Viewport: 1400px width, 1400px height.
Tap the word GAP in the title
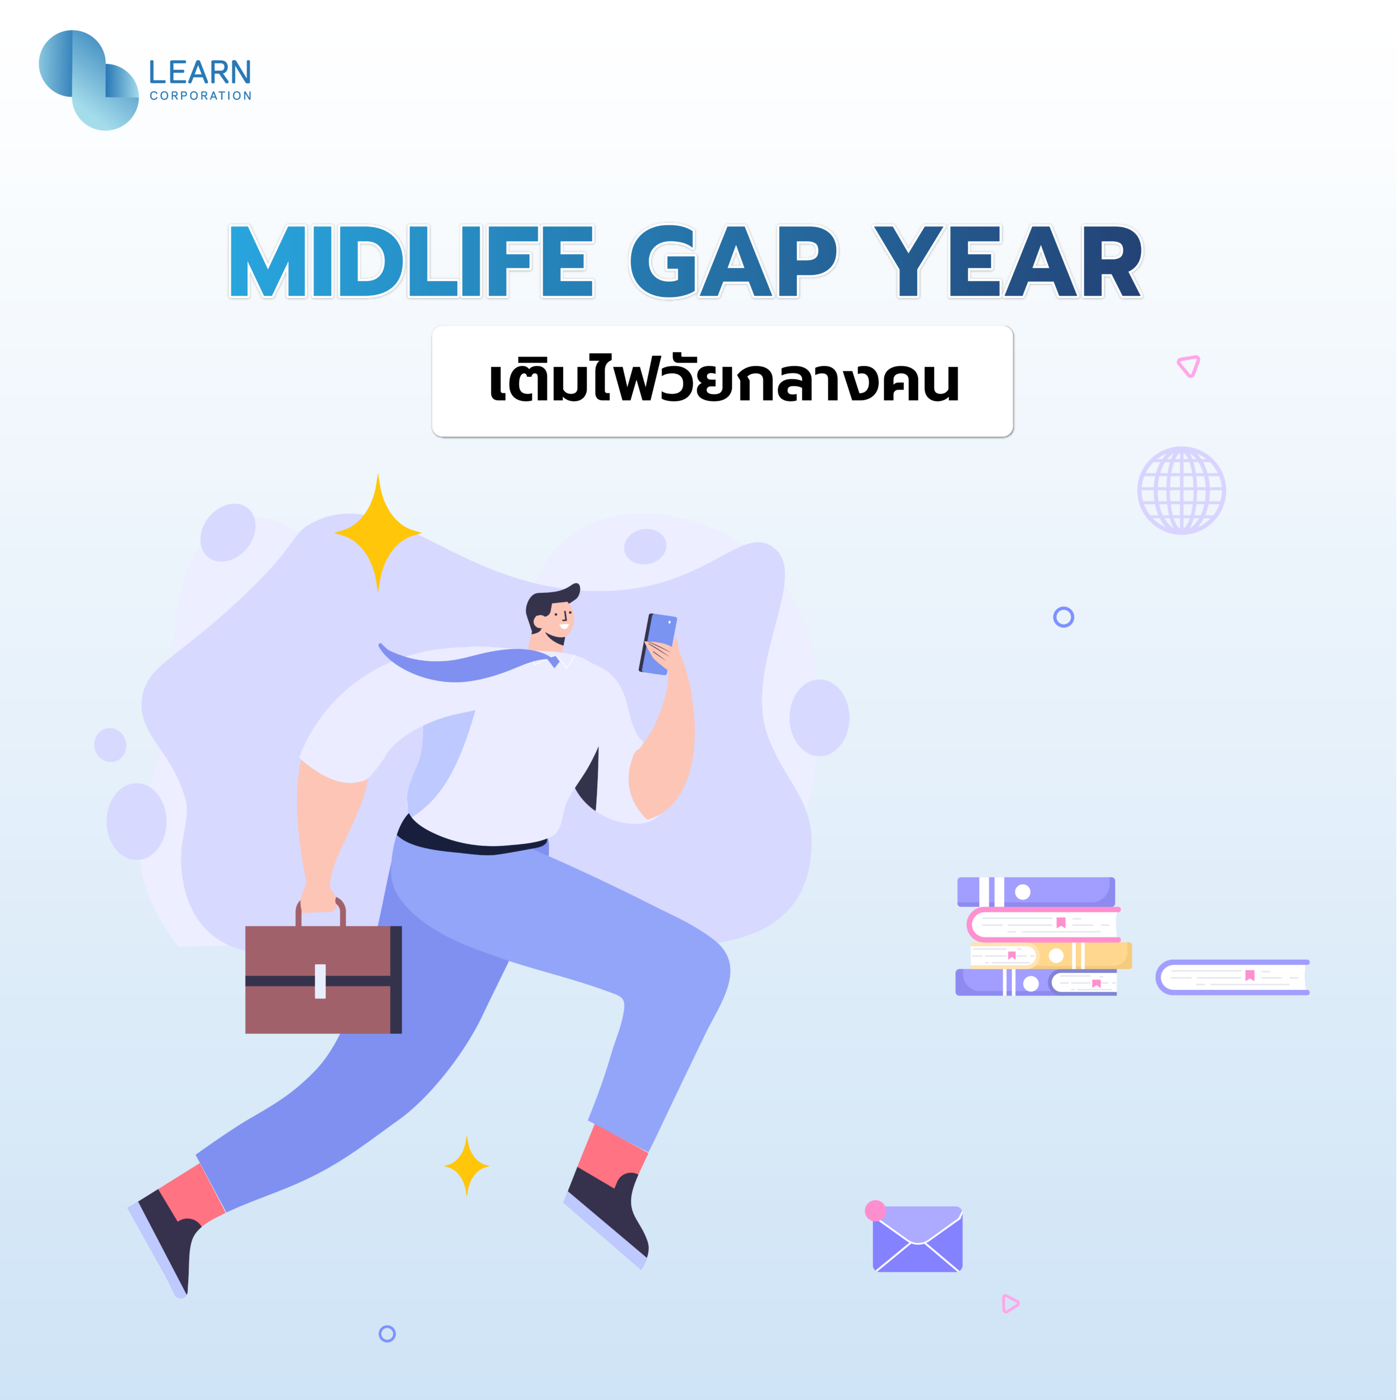pos(733,261)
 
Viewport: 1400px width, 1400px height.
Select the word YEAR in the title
pos(1008,261)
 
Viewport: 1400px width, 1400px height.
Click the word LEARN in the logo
pos(200,73)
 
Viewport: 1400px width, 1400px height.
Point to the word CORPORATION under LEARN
pos(201,96)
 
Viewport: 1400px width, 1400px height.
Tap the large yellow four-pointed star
pos(377,533)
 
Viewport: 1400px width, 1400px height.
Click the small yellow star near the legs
pos(466,1166)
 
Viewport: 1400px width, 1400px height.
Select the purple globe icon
pos(1181,491)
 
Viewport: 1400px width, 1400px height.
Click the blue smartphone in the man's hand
pos(658,644)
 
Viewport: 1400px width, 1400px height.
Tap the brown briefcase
pos(323,971)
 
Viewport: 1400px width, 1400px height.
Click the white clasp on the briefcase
pos(320,981)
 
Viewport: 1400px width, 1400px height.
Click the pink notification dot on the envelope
pos(876,1211)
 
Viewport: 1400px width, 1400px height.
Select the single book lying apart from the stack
pos(1233,977)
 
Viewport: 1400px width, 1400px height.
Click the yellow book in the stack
pos(1051,955)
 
